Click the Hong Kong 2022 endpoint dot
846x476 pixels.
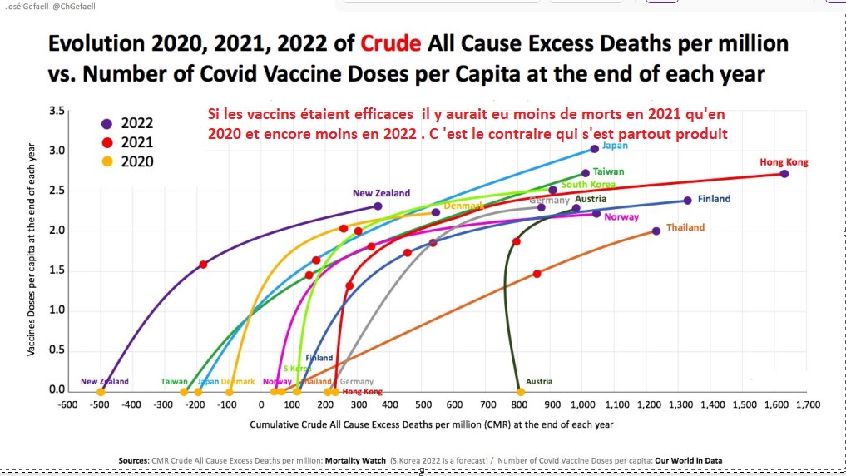784,174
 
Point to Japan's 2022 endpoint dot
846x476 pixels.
595,149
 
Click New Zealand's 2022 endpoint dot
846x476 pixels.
378,206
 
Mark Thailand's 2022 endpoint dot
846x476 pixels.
656,231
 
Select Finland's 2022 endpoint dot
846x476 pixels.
688,201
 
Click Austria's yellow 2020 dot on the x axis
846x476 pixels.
521,392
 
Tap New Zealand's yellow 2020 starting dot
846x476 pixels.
101,392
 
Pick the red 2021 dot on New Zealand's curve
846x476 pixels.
203,265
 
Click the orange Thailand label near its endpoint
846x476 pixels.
685,227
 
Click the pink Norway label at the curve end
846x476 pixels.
621,217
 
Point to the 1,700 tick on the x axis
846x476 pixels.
807,405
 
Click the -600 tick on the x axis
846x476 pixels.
67,405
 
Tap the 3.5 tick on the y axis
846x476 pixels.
57,111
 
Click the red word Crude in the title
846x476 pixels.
389,43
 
